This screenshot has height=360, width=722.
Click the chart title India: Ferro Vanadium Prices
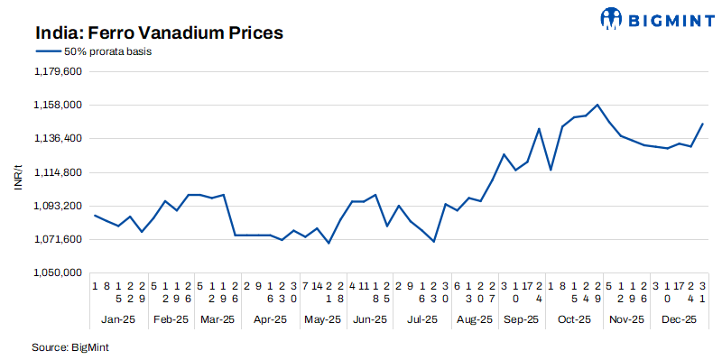160,32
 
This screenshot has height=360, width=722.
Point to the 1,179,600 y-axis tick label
58,71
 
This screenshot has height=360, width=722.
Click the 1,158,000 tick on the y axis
58,105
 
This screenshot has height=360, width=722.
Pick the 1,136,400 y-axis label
58,138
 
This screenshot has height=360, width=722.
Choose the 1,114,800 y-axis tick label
58,171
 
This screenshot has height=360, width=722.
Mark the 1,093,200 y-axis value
58,206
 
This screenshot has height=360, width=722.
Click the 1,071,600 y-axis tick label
58,239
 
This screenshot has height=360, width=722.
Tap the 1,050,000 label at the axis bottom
58,272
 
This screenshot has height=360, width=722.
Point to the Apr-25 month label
270,319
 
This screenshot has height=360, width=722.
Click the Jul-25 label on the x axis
421,319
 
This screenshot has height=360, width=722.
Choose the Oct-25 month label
574,319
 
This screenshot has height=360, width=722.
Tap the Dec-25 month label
679,319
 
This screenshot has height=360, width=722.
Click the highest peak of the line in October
597,105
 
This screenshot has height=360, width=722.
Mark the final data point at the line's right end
703,124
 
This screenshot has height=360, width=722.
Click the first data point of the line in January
96,215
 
